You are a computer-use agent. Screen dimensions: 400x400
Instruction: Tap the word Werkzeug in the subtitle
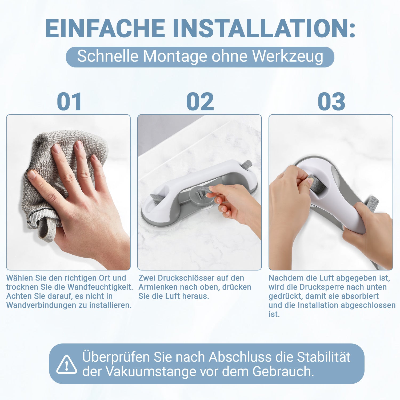click(288, 57)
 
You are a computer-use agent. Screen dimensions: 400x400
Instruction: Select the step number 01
click(69, 102)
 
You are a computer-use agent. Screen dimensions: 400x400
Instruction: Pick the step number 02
click(200, 102)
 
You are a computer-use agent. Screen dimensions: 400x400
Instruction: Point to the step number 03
click(331, 102)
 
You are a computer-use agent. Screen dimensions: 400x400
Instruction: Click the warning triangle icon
click(66, 364)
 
